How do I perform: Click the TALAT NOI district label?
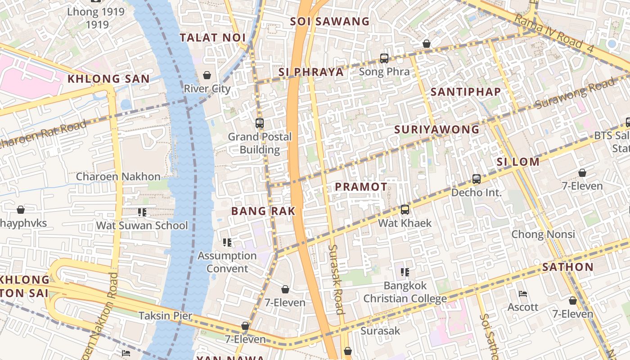212,38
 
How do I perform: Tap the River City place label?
207,89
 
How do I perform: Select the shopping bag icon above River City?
207,75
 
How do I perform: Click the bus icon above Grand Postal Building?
259,123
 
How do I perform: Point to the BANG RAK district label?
263,211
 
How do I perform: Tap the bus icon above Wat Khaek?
405,210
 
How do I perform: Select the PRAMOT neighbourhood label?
361,187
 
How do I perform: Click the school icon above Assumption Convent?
227,243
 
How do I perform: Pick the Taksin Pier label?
165,316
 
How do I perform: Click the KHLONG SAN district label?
108,79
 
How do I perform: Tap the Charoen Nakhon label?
118,176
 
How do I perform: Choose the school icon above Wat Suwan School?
142,212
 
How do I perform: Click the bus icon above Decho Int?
477,179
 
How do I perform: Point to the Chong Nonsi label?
543,234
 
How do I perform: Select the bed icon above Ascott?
522,294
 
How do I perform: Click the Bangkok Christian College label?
405,292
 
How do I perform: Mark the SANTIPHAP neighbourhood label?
465,92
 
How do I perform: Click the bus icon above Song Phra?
384,58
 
